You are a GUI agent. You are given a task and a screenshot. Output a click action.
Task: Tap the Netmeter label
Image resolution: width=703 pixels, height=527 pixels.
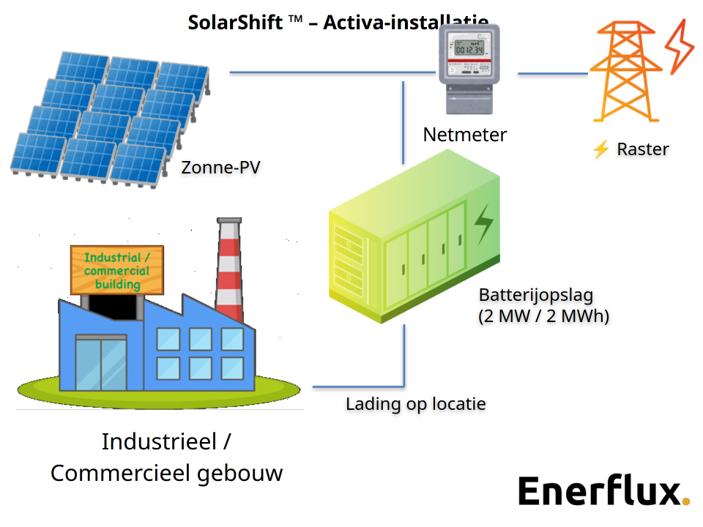click(464, 135)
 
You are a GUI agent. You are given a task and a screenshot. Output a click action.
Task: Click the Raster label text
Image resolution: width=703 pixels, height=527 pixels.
click(642, 149)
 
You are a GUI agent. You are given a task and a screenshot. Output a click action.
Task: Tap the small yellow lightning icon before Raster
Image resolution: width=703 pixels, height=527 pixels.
click(600, 150)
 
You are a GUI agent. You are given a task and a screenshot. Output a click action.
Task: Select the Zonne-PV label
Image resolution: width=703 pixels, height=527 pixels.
click(220, 168)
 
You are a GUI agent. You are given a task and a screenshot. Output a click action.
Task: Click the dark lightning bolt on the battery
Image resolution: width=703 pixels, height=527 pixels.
click(483, 224)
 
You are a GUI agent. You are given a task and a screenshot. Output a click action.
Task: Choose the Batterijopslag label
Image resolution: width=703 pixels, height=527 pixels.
click(535, 295)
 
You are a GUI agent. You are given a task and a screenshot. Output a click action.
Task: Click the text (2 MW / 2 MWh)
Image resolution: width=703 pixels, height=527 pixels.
click(543, 317)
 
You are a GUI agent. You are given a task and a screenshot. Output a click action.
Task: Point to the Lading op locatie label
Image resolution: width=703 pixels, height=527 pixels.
click(415, 404)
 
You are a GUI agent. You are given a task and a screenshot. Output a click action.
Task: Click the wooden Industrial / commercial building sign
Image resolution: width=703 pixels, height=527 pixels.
click(117, 270)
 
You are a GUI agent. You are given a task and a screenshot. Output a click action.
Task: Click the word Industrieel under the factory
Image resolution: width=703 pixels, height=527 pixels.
click(158, 442)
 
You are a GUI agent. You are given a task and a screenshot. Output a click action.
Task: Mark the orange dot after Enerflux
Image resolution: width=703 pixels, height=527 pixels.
click(685, 501)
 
